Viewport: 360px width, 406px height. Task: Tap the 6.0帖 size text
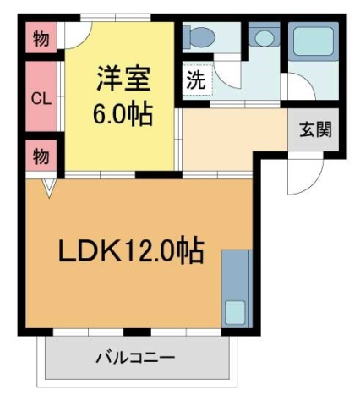coord(122,112)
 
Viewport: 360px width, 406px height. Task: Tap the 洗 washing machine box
coord(196,82)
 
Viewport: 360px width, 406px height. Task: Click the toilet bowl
coord(201,37)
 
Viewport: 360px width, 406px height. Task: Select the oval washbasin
coord(265,39)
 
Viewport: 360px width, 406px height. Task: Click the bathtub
coord(314,42)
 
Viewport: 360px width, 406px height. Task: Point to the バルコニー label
coord(134,357)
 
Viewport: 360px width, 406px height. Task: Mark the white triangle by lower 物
coord(48,186)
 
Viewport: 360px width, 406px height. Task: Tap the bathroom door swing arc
coord(301,87)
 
